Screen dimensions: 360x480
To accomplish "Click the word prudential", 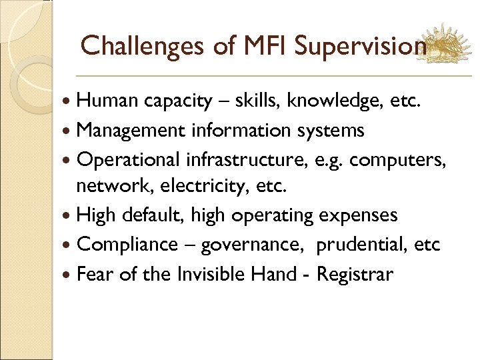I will coord(361,245).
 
